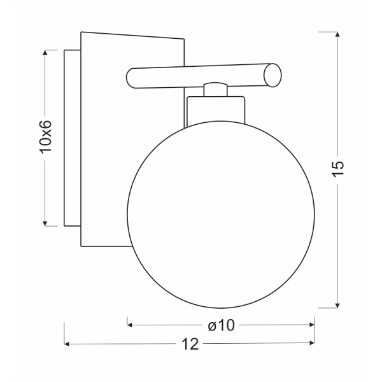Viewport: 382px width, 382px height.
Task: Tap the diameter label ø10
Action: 222,325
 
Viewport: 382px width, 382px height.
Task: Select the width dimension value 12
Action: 189,344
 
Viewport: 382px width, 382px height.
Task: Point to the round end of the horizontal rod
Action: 272,74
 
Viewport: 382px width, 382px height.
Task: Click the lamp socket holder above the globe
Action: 216,110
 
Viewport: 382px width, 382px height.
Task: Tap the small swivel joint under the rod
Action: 216,89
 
